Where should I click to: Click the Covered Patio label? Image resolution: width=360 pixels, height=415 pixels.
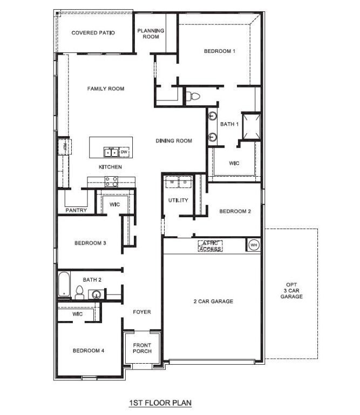click(x=93, y=33)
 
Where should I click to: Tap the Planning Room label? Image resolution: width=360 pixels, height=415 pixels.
click(x=151, y=34)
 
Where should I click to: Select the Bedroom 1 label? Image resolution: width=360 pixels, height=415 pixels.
click(x=219, y=51)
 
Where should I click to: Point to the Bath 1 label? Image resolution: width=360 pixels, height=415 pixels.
click(x=229, y=124)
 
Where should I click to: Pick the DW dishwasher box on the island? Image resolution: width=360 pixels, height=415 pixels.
click(x=124, y=152)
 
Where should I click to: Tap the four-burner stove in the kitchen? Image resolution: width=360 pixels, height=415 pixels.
click(x=112, y=182)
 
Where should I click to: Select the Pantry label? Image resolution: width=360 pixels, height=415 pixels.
click(x=76, y=210)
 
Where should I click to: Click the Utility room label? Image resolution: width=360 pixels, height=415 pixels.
click(x=178, y=200)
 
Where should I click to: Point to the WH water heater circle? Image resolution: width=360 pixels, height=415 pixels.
click(x=253, y=245)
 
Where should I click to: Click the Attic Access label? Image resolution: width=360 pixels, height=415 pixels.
click(x=210, y=246)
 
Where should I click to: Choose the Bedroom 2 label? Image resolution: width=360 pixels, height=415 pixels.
click(x=235, y=211)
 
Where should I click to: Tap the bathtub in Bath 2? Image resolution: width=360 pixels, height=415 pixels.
click(x=64, y=284)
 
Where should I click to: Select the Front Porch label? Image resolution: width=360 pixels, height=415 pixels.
click(x=142, y=348)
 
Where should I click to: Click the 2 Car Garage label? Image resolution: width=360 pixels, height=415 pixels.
click(x=213, y=301)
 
